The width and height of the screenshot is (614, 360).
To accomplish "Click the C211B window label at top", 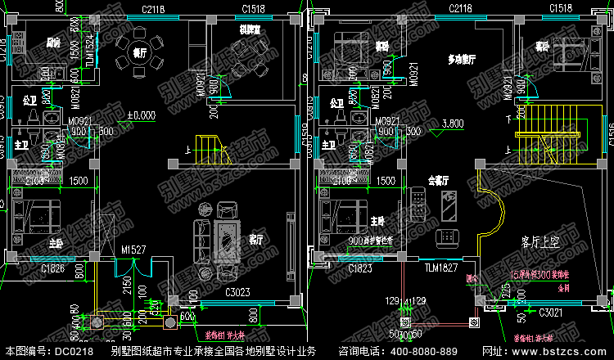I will point(153,8).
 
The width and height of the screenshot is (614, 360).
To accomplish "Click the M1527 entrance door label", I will point(133,250).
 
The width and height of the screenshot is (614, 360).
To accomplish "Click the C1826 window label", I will point(55,268).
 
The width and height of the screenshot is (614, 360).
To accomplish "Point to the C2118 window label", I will point(459,8).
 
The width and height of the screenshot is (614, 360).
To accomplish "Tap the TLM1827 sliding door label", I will point(440,268).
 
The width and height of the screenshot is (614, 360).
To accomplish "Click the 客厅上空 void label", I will point(540,243).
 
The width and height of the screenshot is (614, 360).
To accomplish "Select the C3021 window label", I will point(552,312).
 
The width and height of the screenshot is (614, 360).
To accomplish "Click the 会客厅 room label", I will point(439,179).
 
